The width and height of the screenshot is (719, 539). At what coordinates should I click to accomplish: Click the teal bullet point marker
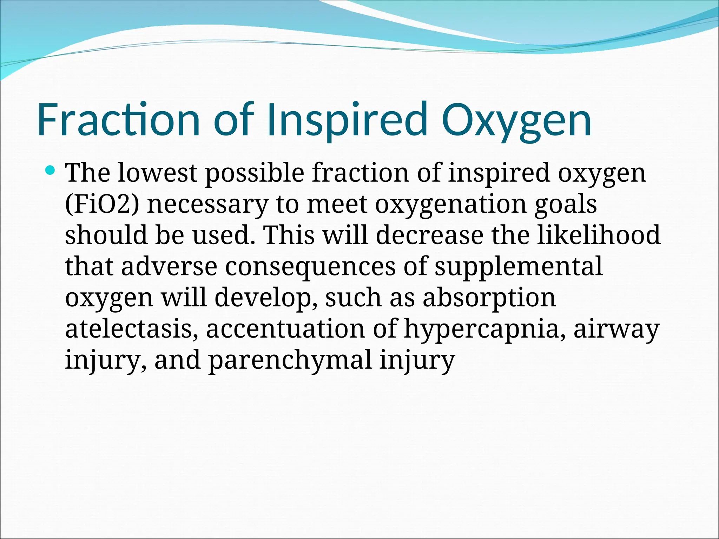(x=51, y=171)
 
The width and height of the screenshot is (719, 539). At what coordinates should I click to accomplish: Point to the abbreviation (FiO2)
(x=102, y=205)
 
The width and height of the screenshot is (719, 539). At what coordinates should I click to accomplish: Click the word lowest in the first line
(x=157, y=173)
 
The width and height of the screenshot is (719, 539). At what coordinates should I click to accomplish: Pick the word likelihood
(x=599, y=235)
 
